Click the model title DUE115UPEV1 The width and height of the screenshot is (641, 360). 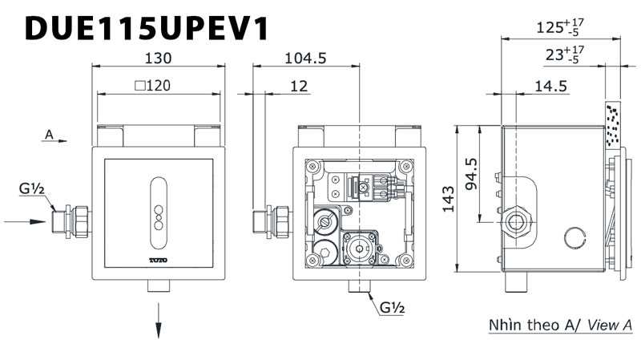(146, 28)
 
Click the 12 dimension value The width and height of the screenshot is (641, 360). (299, 86)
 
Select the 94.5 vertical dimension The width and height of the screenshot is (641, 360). (470, 173)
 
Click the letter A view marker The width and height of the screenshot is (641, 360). (49, 136)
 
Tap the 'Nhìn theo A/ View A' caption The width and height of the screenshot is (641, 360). (560, 326)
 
